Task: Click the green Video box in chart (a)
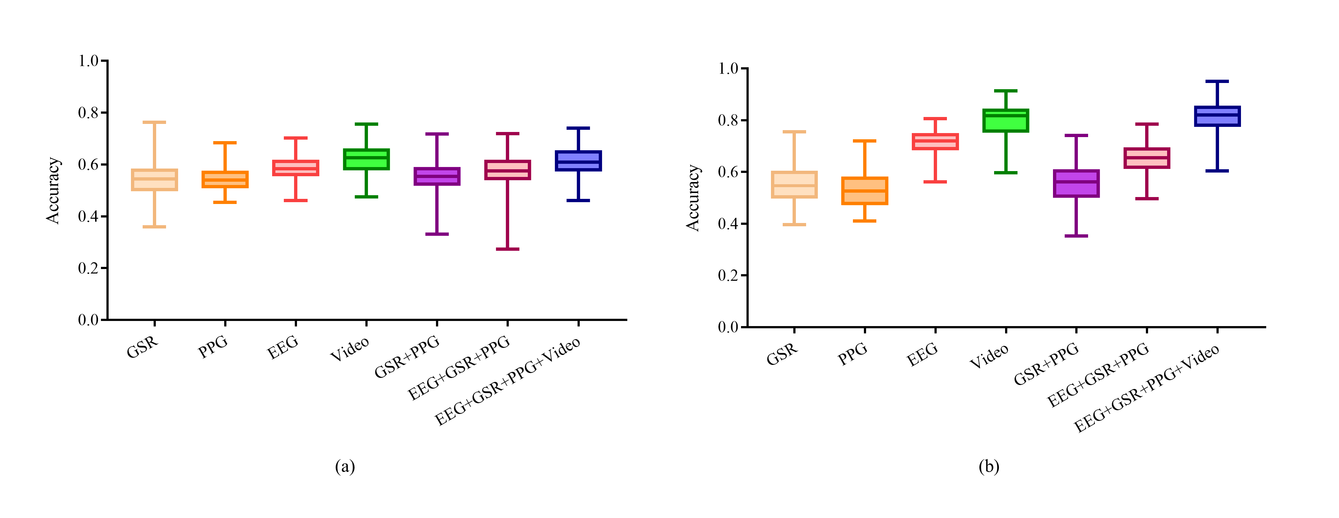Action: (366, 159)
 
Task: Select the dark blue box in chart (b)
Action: (1217, 116)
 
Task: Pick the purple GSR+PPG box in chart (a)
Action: (437, 176)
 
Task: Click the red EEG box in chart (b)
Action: (935, 141)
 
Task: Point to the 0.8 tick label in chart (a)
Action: (89, 113)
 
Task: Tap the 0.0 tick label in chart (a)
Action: (89, 320)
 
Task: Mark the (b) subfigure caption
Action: (989, 466)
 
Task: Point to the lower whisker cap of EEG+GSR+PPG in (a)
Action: (508, 249)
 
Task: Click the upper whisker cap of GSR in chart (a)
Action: (154, 122)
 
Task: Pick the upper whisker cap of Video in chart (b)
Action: (1006, 91)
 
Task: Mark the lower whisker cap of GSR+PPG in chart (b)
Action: (1076, 236)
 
